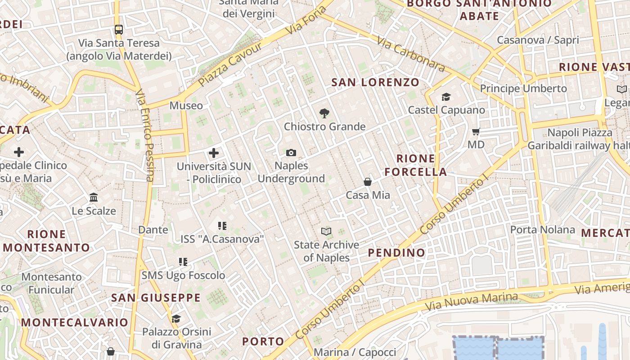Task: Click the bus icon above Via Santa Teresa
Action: click(119, 30)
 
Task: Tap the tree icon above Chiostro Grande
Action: click(324, 113)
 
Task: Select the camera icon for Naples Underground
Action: click(291, 153)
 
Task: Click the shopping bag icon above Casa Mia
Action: click(368, 182)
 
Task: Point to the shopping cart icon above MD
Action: click(476, 132)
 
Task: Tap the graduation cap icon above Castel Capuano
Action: click(446, 97)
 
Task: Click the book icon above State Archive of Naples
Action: click(326, 232)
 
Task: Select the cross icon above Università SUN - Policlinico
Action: click(214, 153)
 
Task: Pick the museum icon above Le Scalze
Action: click(94, 198)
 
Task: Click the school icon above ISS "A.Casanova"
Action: click(222, 225)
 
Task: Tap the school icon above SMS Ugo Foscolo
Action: click(183, 261)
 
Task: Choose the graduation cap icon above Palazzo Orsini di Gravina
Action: click(176, 319)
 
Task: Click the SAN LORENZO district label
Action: click(375, 82)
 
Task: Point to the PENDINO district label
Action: click(396, 253)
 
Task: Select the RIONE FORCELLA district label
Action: click(416, 165)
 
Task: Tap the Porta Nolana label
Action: click(542, 230)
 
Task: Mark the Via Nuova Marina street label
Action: click(471, 301)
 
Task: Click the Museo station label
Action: click(186, 106)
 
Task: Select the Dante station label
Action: click(153, 230)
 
